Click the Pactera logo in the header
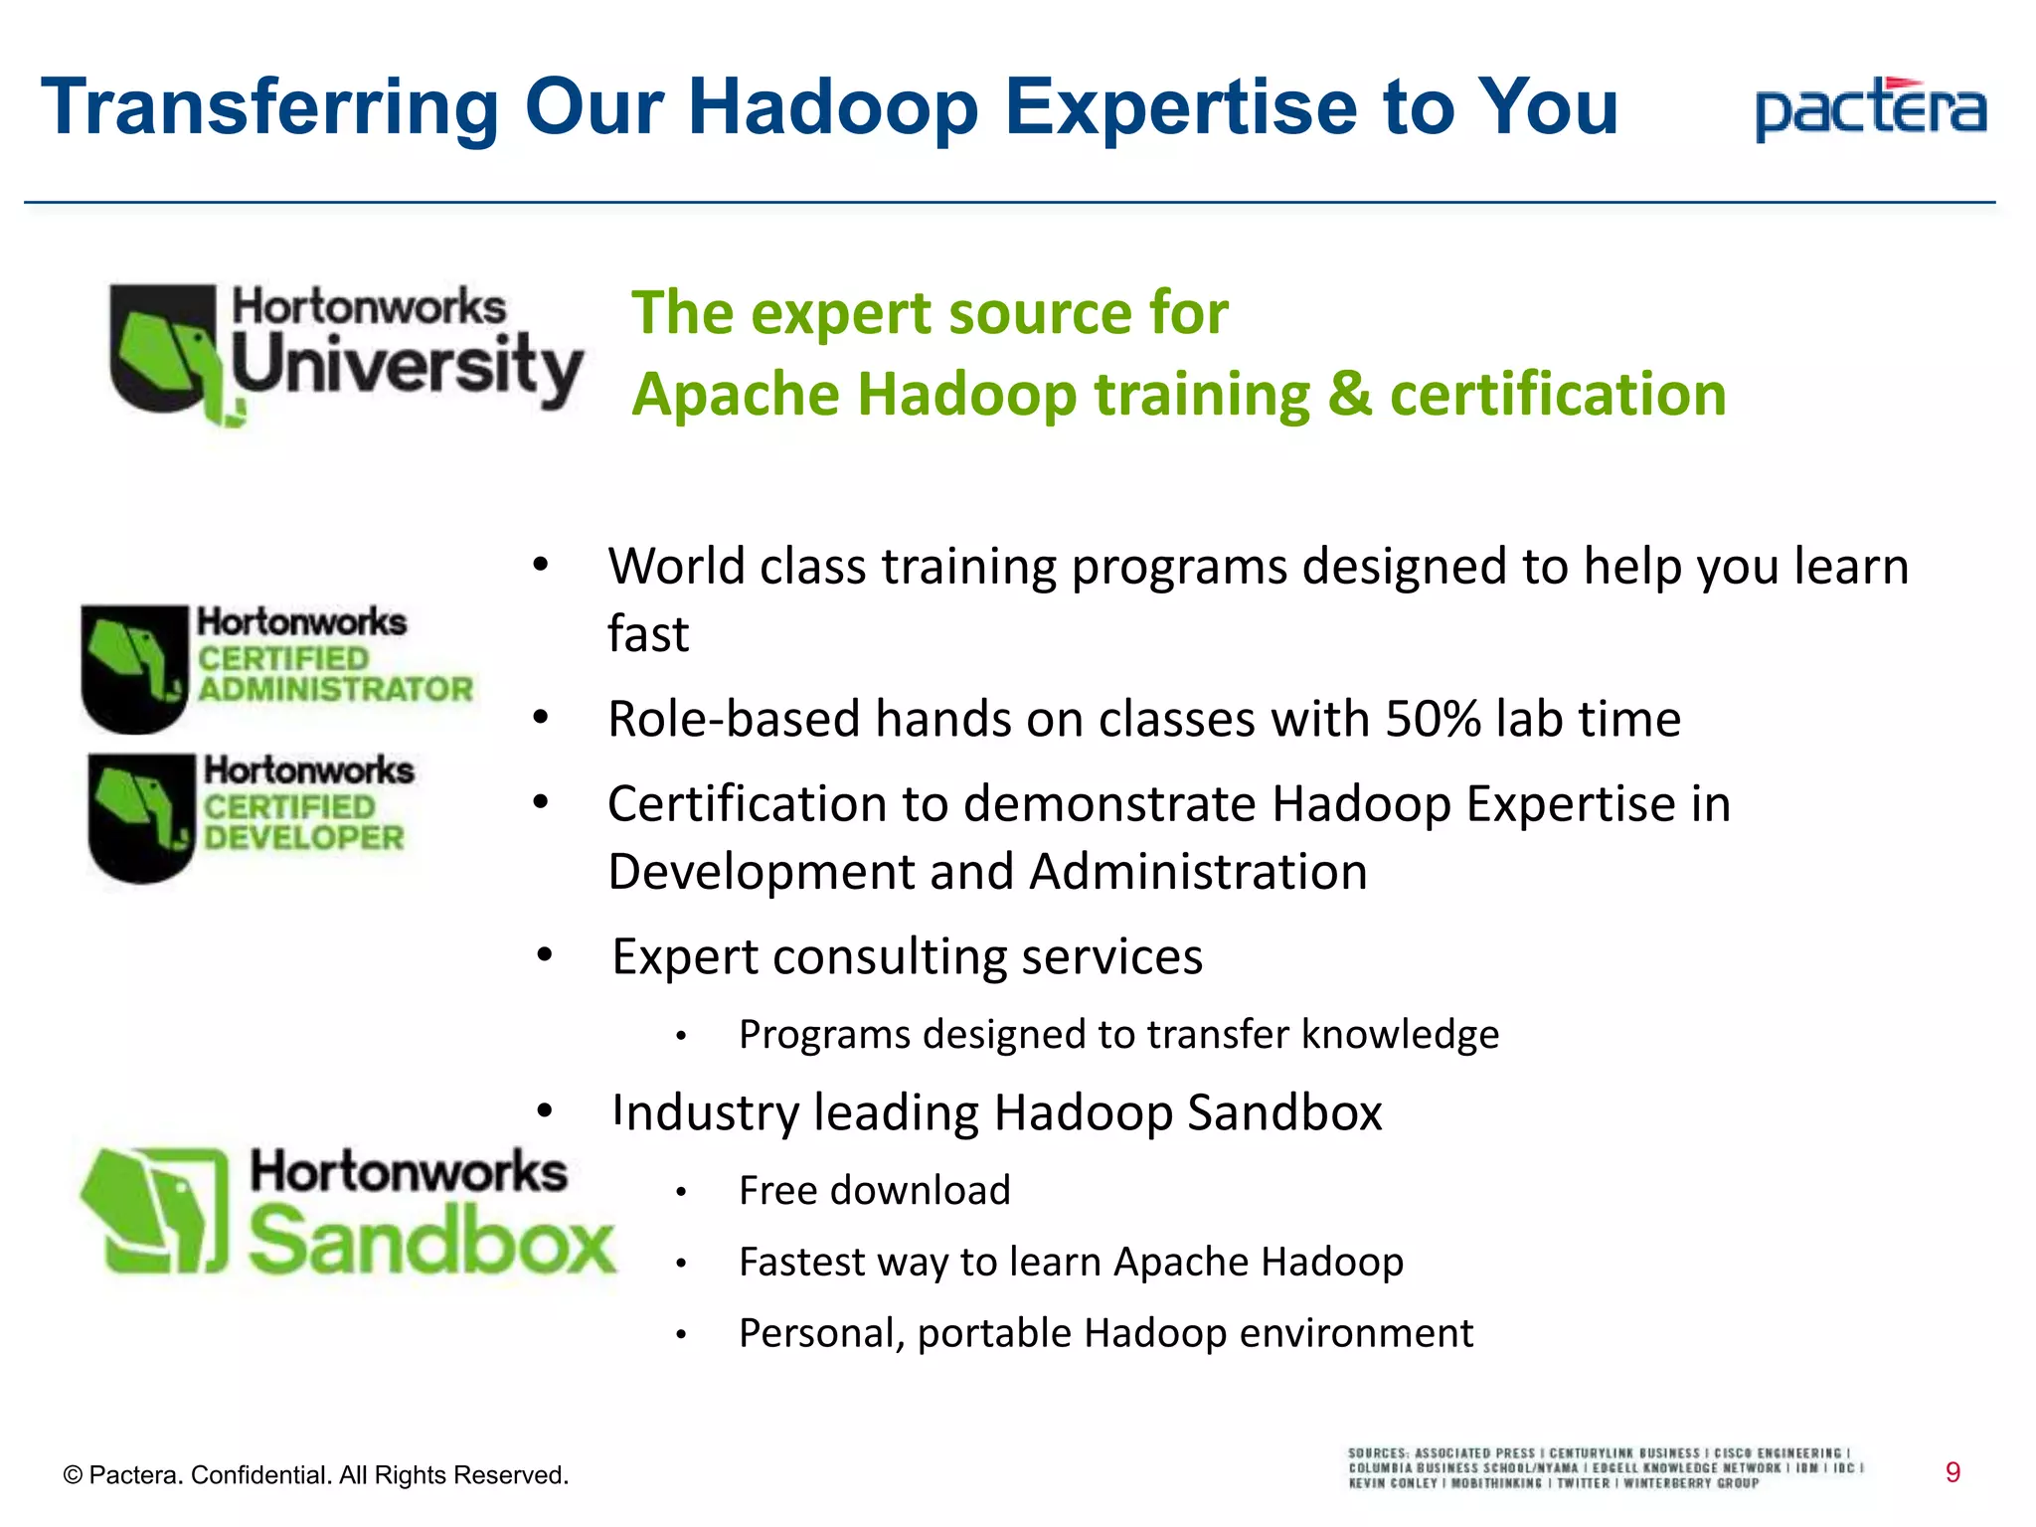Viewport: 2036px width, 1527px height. click(1871, 108)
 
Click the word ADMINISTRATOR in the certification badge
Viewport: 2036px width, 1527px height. click(335, 689)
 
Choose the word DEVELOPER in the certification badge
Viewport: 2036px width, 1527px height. click(304, 837)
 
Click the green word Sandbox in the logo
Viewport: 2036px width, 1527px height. click(431, 1240)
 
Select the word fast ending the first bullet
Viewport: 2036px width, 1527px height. click(648, 634)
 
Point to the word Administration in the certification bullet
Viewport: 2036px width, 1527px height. click(1198, 872)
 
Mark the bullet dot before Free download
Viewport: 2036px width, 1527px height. click(681, 1192)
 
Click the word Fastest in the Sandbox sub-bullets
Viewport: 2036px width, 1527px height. click(801, 1262)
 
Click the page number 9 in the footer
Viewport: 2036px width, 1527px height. click(1952, 1472)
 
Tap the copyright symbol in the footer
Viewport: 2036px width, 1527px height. click(72, 1475)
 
